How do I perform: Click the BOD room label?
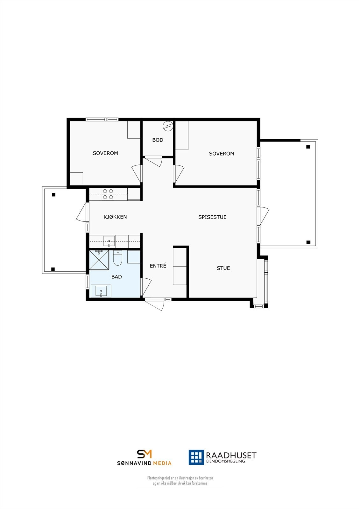[x=158, y=140]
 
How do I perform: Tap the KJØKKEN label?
[x=115, y=217]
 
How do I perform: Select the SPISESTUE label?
[x=212, y=217]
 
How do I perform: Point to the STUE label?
[x=223, y=268]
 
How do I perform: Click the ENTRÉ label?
[x=158, y=266]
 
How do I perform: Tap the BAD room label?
[x=116, y=277]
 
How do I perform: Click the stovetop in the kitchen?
[x=108, y=194]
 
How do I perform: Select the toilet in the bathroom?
[x=117, y=258]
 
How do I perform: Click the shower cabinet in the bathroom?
[x=99, y=260]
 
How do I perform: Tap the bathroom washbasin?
[x=101, y=291]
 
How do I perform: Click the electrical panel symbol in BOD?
[x=167, y=126]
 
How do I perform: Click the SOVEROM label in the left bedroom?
[x=105, y=153]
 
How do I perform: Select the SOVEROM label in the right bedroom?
[x=222, y=153]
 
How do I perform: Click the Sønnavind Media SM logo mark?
[x=144, y=454]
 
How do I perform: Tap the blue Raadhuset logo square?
[x=196, y=457]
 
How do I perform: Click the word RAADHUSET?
[x=231, y=455]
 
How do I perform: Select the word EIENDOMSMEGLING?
[x=226, y=461]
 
